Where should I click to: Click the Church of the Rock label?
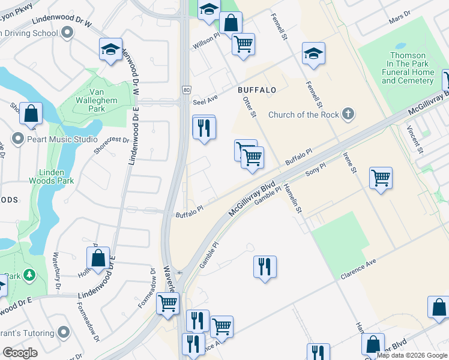pyautogui.click(x=304, y=115)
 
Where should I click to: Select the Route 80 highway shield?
pyautogui.click(x=187, y=90)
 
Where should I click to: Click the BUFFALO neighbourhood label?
pyautogui.click(x=256, y=90)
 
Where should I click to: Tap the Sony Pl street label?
pyautogui.click(x=315, y=169)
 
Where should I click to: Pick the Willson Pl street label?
pyautogui.click(x=206, y=43)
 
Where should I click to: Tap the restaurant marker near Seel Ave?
pyautogui.click(x=203, y=128)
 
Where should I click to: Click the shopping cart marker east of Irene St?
pyautogui.click(x=381, y=178)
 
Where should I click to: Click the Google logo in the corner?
pyautogui.click(x=20, y=353)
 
